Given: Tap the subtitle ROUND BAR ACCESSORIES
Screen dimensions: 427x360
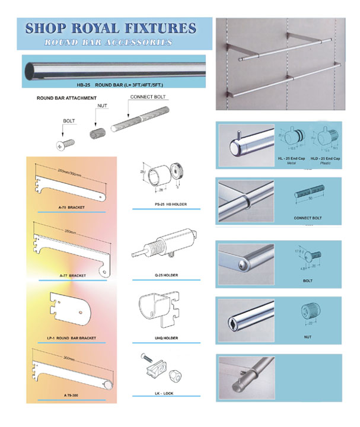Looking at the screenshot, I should point(111,43).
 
